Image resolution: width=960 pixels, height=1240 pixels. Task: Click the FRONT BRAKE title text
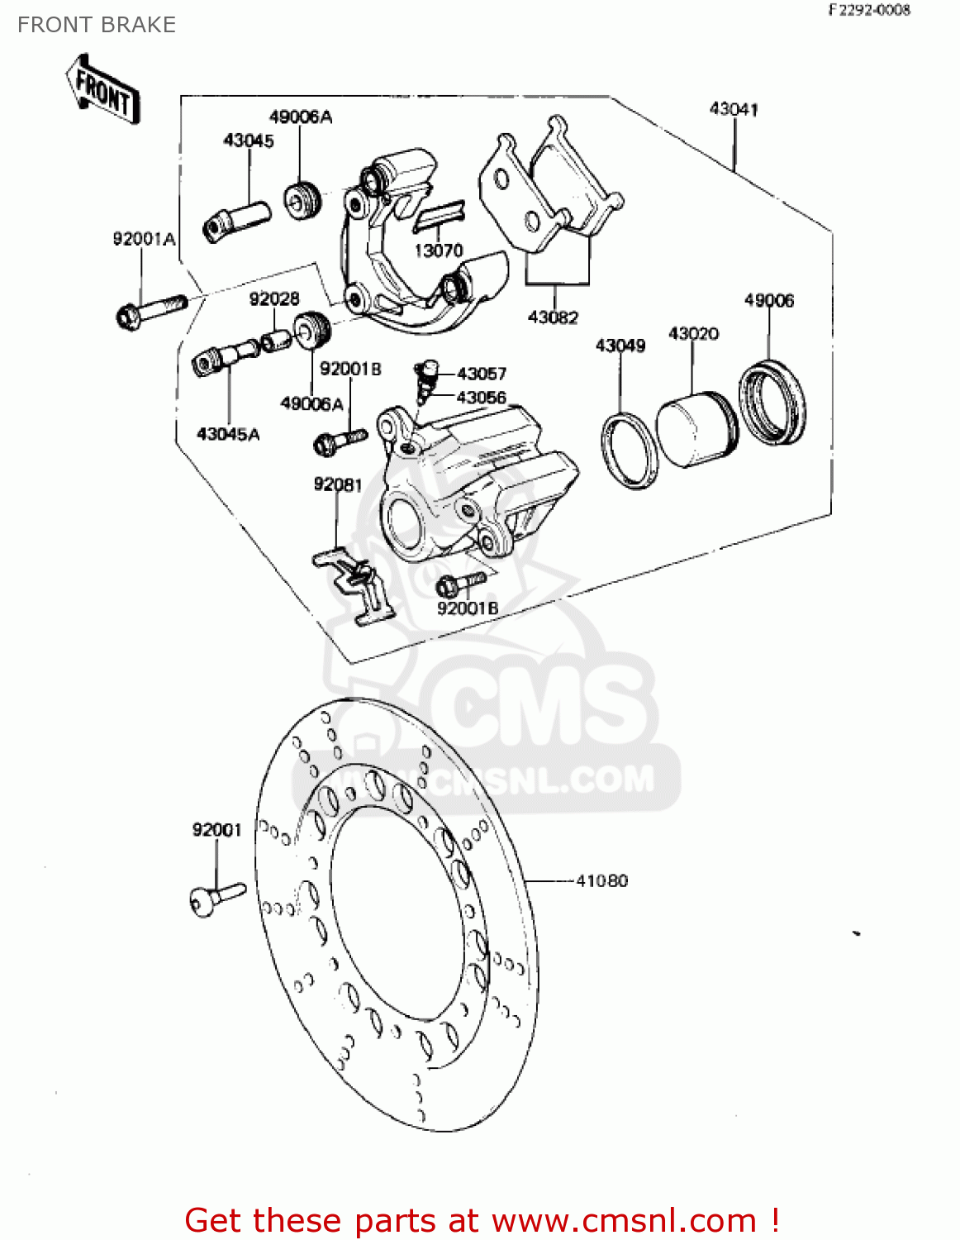tap(97, 25)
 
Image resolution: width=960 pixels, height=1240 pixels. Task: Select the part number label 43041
tap(734, 109)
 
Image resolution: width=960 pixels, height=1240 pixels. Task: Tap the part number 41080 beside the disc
tap(601, 881)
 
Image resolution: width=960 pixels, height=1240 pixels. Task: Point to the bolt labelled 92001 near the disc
tap(216, 898)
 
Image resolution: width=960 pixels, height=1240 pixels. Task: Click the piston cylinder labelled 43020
tap(696, 428)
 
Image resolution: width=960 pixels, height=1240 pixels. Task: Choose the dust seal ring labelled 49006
tap(772, 403)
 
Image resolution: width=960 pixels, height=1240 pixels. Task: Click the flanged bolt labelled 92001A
tap(150, 311)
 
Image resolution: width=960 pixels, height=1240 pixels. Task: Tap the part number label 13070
tap(438, 250)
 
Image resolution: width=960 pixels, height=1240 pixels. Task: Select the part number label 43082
tap(553, 317)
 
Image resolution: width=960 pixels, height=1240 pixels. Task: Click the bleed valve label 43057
tap(482, 374)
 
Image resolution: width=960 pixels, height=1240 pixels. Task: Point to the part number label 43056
tap(482, 398)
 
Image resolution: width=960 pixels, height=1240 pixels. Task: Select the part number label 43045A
tap(228, 434)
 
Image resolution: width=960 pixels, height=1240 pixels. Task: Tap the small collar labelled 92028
tap(276, 340)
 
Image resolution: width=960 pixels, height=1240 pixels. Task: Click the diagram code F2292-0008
tap(869, 10)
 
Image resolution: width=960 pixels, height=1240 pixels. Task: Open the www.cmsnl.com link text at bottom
tap(624, 1220)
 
